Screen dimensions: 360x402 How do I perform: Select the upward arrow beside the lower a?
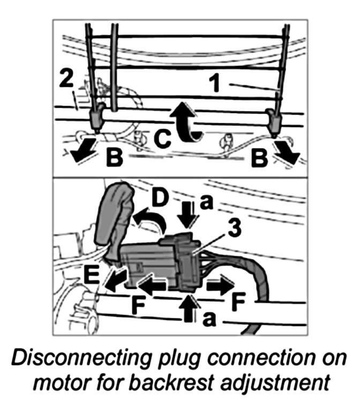190,307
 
